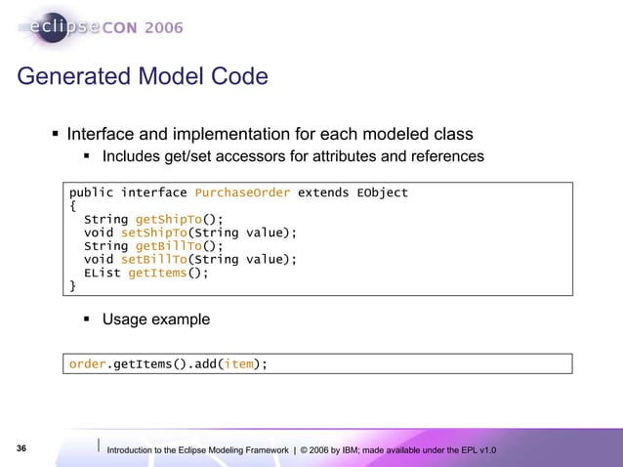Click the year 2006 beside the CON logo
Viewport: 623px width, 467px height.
[163, 27]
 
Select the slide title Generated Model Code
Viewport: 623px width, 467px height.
[143, 75]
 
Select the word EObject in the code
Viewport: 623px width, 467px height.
[383, 192]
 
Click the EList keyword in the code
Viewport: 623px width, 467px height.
[103, 274]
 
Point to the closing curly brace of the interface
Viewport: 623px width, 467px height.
[72, 286]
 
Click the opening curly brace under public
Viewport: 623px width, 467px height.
[72, 206]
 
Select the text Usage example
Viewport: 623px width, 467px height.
[155, 319]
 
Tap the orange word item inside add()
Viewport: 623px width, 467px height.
[239, 364]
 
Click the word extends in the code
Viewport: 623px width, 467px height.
[323, 192]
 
